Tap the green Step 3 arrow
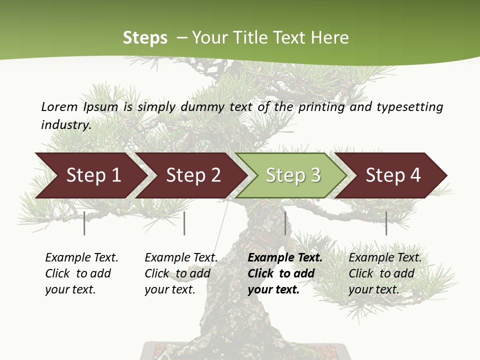pyautogui.click(x=293, y=175)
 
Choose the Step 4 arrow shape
pyautogui.click(x=393, y=175)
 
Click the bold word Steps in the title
pyautogui.click(x=145, y=38)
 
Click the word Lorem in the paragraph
pyautogui.click(x=59, y=106)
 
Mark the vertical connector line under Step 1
pyautogui.click(x=84, y=223)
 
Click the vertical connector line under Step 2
pyautogui.click(x=184, y=223)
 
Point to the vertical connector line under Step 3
pyautogui.click(x=285, y=223)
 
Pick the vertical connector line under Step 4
pyautogui.click(x=386, y=223)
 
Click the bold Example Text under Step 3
pyautogui.click(x=285, y=257)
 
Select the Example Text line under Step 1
pyautogui.click(x=81, y=257)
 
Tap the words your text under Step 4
pyautogui.click(x=373, y=289)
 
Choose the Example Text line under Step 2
pyautogui.click(x=181, y=257)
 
